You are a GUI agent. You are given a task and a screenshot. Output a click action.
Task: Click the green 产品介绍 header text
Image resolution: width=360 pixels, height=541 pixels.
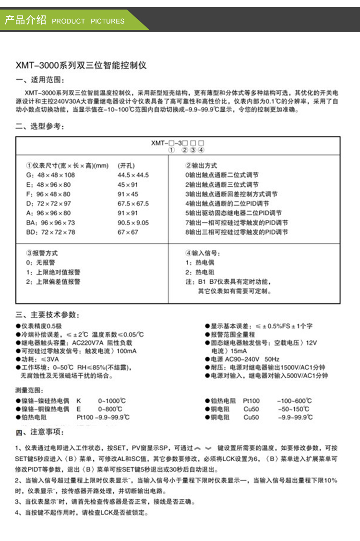pyautogui.click(x=25, y=20)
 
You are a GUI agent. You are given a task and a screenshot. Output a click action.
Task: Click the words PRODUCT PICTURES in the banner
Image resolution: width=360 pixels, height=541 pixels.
pyautogui.click(x=88, y=21)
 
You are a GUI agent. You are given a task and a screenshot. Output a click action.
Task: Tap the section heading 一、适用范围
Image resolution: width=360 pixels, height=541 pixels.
pyautogui.click(x=40, y=80)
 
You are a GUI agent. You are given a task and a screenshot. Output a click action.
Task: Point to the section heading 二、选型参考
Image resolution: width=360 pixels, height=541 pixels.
pyautogui.click(x=40, y=126)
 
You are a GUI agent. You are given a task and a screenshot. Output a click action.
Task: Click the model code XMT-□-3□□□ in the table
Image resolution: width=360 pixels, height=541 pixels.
pyautogui.click(x=178, y=143)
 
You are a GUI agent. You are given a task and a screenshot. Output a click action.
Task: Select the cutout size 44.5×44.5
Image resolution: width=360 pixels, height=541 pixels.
pyautogui.click(x=133, y=175)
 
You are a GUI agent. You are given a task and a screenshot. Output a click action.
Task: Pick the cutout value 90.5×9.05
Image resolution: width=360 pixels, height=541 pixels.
pyautogui.click(x=133, y=223)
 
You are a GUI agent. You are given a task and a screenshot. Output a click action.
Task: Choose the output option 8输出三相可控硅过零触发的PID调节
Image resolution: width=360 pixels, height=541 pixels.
pyautogui.click(x=237, y=232)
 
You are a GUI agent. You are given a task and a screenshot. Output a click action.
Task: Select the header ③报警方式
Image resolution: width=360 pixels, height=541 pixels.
pyautogui.click(x=42, y=253)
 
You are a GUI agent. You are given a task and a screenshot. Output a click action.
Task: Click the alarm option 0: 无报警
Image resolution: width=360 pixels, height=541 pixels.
pyautogui.click(x=40, y=263)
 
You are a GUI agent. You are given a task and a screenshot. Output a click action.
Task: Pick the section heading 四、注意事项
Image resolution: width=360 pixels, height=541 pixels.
pyautogui.click(x=40, y=433)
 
